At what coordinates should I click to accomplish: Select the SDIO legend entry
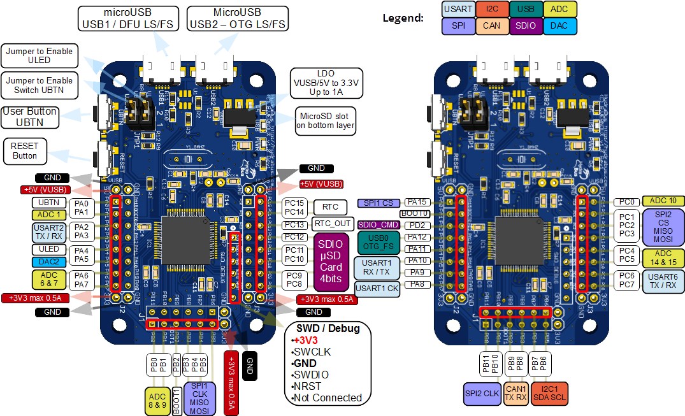point(526,26)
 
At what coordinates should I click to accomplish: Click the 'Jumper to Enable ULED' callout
point(40,56)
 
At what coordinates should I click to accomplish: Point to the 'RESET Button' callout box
point(24,151)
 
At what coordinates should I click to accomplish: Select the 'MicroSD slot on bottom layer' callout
point(325,120)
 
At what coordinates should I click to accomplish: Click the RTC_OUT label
point(332,224)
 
